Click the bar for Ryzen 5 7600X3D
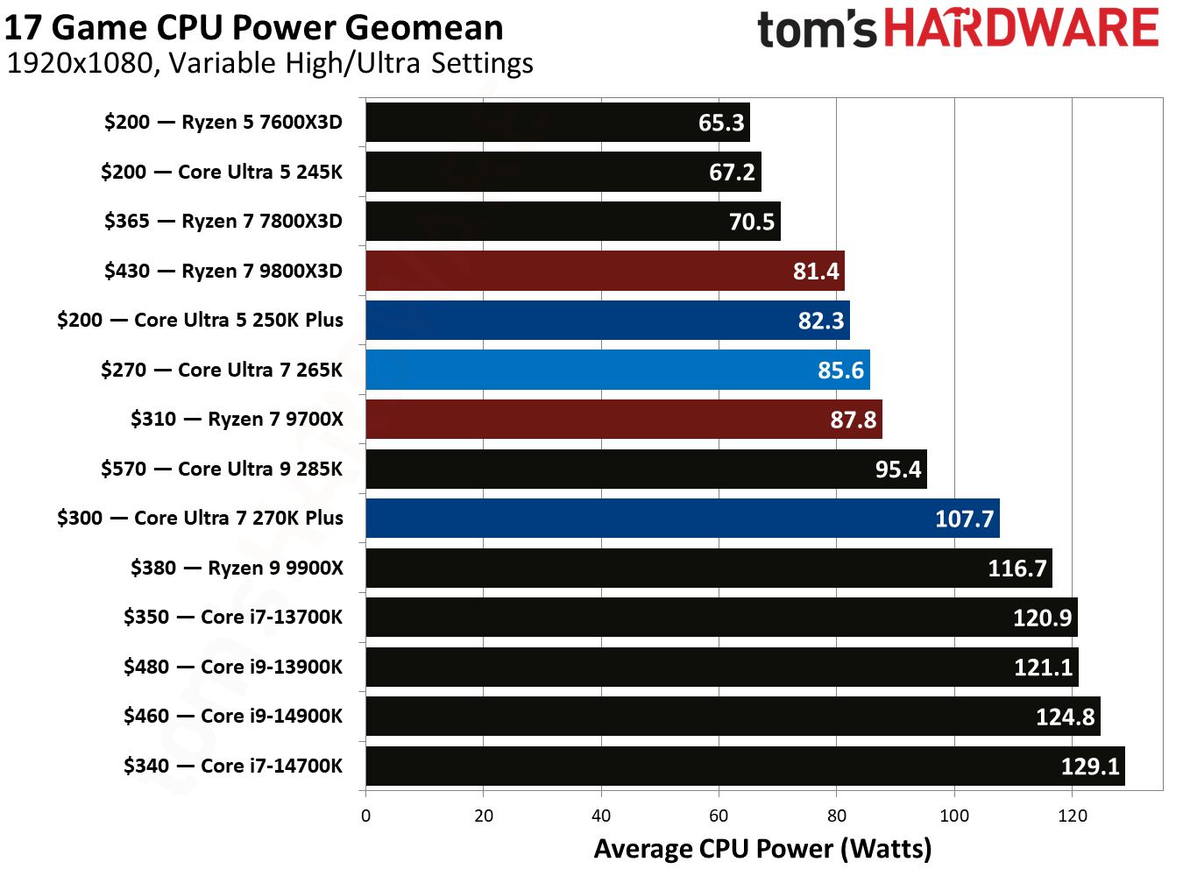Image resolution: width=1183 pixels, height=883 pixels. click(557, 122)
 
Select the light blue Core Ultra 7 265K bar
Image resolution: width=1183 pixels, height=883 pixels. click(617, 370)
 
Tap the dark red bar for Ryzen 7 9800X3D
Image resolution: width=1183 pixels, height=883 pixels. click(605, 271)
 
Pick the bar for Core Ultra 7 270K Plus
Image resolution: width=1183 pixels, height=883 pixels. click(682, 519)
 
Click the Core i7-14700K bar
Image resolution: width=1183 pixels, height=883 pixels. click(745, 766)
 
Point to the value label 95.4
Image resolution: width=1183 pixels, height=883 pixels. click(897, 470)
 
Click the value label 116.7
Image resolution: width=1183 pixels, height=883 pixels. click(1017, 569)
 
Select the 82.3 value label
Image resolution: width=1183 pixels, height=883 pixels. click(820, 321)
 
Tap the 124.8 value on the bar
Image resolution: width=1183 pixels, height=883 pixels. click(1065, 717)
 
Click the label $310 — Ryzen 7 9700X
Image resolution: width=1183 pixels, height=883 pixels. click(237, 420)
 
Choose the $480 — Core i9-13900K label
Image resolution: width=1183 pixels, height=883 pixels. click(233, 668)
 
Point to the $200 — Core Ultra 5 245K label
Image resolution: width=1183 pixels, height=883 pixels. click(222, 172)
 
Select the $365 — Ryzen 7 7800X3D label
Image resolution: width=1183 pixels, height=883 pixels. click(223, 222)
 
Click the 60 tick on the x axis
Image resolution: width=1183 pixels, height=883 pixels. click(719, 816)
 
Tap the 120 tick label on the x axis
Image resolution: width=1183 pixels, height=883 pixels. click(1072, 816)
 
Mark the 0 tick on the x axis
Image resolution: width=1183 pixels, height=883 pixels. click(365, 816)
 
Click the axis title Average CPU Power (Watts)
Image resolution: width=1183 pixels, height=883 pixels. click(762, 849)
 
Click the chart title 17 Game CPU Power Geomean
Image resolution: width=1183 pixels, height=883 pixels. click(254, 28)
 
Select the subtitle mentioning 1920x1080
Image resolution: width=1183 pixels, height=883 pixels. click(270, 64)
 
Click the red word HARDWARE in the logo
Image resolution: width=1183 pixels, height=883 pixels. click(1021, 28)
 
